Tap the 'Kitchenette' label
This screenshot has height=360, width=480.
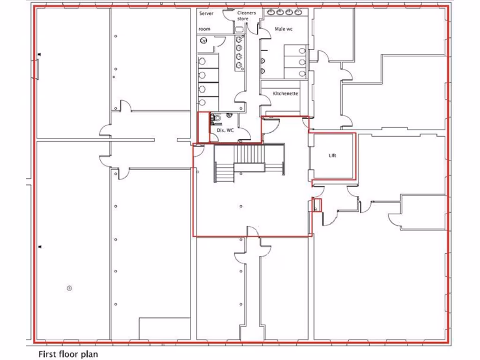(x=285, y=94)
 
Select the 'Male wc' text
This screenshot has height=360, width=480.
(x=284, y=29)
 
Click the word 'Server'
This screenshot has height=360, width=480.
(x=206, y=14)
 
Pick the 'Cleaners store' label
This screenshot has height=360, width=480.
(x=247, y=16)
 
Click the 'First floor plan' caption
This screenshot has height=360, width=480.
(x=68, y=353)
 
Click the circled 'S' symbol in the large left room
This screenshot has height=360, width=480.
(x=69, y=288)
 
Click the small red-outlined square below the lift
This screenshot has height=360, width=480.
(x=317, y=205)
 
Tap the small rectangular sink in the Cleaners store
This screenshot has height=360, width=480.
(x=240, y=29)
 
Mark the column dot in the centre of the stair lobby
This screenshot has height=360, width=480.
(x=241, y=206)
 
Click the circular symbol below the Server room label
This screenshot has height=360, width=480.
(x=203, y=41)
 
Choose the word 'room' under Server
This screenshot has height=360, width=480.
(x=204, y=29)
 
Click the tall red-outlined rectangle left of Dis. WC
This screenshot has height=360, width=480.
(x=203, y=127)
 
